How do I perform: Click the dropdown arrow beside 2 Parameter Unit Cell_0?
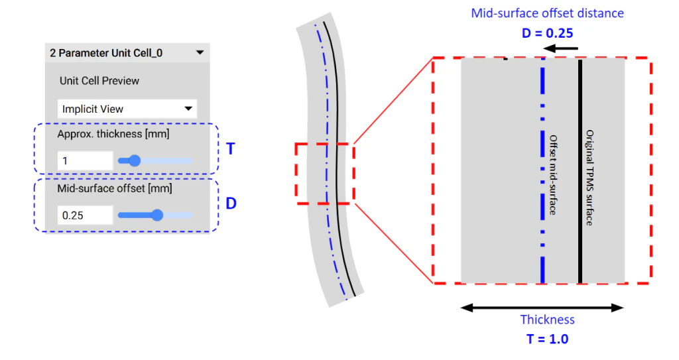pyautogui.click(x=200, y=52)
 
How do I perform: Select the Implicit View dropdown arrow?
pyautogui.click(x=188, y=109)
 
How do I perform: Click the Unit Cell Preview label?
pyautogui.click(x=99, y=81)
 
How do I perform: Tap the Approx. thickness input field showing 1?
pyautogui.click(x=85, y=160)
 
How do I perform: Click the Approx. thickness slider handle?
pyautogui.click(x=135, y=160)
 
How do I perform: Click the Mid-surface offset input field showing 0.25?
pyautogui.click(x=85, y=215)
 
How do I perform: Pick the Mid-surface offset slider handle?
pyautogui.click(x=156, y=215)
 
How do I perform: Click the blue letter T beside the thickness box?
pyautogui.click(x=231, y=149)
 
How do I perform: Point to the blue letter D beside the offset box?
pyautogui.click(x=231, y=203)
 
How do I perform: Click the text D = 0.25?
pyautogui.click(x=547, y=33)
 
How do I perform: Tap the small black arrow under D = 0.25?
pyautogui.click(x=560, y=48)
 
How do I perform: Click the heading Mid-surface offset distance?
pyautogui.click(x=547, y=13)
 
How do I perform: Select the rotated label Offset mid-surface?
pyautogui.click(x=553, y=174)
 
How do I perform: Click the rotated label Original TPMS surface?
pyautogui.click(x=589, y=177)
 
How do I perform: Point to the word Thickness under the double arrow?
pyautogui.click(x=547, y=320)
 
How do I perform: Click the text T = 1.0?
pyautogui.click(x=547, y=339)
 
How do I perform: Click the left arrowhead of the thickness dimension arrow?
pyautogui.click(x=466, y=308)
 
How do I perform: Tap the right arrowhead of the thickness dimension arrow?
pyautogui.click(x=617, y=308)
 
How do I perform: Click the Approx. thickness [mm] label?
pyautogui.click(x=113, y=134)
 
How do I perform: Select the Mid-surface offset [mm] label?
pyautogui.click(x=115, y=188)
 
